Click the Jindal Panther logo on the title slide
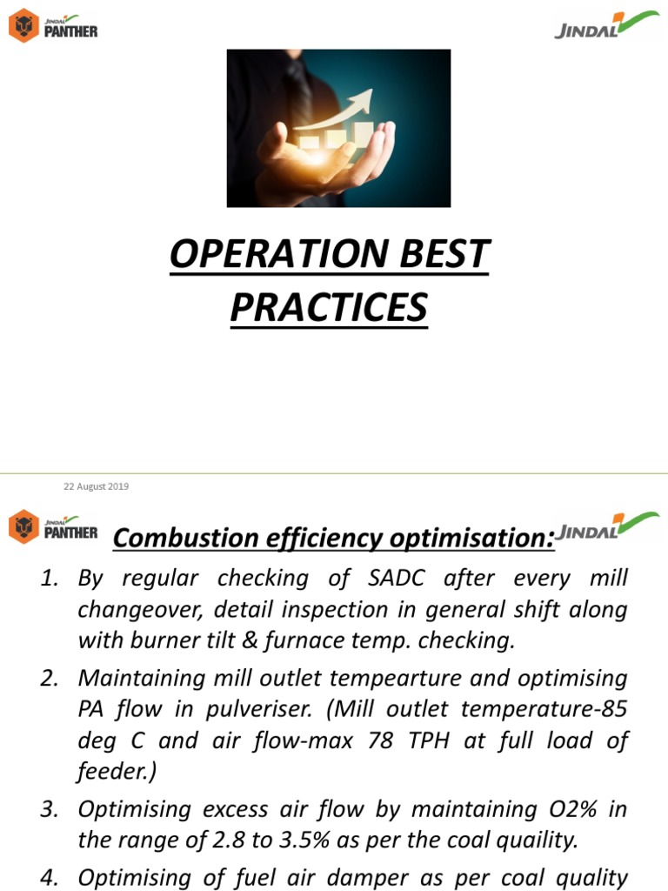click(53, 24)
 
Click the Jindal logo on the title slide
click(605, 26)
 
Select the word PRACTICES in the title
click(329, 307)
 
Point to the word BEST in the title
click(444, 255)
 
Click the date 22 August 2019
click(96, 486)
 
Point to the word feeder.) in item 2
click(110, 771)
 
